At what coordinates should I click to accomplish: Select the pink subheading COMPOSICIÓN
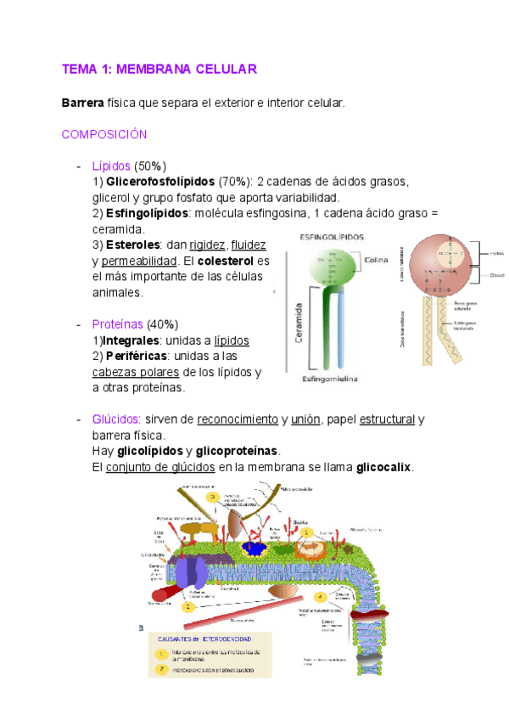coord(104,134)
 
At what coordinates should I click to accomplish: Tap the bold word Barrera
coord(82,103)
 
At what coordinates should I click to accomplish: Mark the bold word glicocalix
coord(384,467)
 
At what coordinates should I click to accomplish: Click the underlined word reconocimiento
coord(238,419)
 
